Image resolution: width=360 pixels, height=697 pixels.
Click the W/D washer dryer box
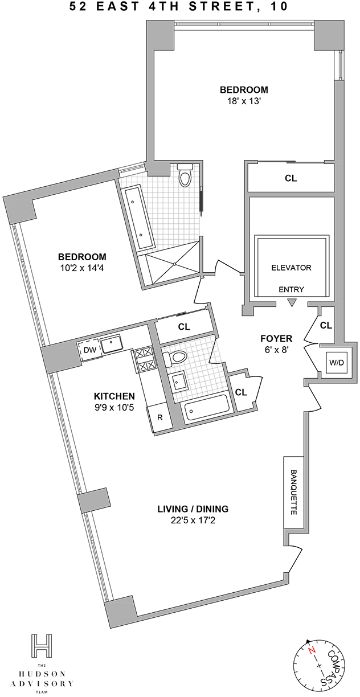[x=337, y=363]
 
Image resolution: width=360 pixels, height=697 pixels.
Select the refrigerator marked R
[x=159, y=417]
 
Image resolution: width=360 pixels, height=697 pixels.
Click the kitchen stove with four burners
[x=144, y=359]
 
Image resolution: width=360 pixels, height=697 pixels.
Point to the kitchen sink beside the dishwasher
[x=111, y=344]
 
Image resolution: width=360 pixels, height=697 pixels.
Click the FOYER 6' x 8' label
[x=276, y=343]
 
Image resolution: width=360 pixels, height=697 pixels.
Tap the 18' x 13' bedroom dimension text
[x=244, y=101]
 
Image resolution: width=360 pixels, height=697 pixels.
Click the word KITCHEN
[x=114, y=396]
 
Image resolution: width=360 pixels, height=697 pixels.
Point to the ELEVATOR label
[x=291, y=268]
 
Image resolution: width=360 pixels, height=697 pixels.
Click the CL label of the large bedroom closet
[x=291, y=178]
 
